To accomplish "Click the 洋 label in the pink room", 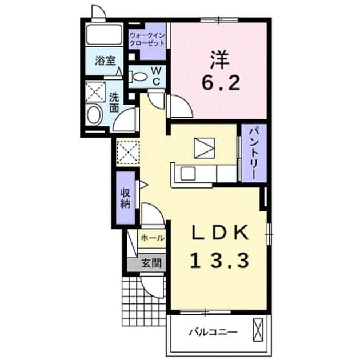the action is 220,59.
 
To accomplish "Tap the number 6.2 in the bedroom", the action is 221,83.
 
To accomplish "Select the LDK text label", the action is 221,233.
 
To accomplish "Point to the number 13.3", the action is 220,261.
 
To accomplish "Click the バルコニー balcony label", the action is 213,333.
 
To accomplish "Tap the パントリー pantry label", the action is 254,153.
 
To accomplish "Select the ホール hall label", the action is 153,238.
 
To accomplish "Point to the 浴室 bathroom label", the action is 105,61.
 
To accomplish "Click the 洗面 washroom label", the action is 114,102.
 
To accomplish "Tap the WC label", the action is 157,76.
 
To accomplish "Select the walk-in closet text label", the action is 147,39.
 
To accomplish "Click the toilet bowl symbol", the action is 137,77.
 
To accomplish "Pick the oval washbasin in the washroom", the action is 94,115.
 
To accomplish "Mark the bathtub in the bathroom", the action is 104,34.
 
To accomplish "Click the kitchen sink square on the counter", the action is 188,173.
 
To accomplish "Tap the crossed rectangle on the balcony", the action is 258,330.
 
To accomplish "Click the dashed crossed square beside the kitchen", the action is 128,152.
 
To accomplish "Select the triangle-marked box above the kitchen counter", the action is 205,148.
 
